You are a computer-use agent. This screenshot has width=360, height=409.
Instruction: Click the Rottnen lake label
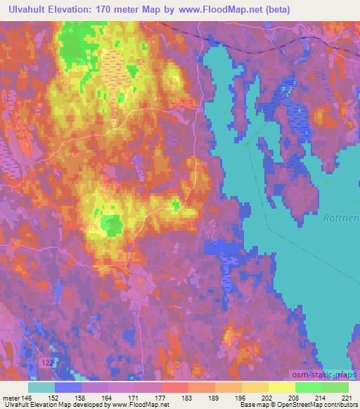[x=342, y=219]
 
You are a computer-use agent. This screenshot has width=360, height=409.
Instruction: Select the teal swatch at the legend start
[x=41, y=387]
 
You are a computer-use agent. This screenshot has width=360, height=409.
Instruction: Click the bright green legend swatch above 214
[x=308, y=387]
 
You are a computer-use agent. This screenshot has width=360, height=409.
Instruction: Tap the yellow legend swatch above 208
[x=281, y=387]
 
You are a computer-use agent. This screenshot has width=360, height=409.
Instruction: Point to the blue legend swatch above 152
[x=68, y=387]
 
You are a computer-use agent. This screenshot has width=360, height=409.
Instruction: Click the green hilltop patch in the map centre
[x=111, y=225]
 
